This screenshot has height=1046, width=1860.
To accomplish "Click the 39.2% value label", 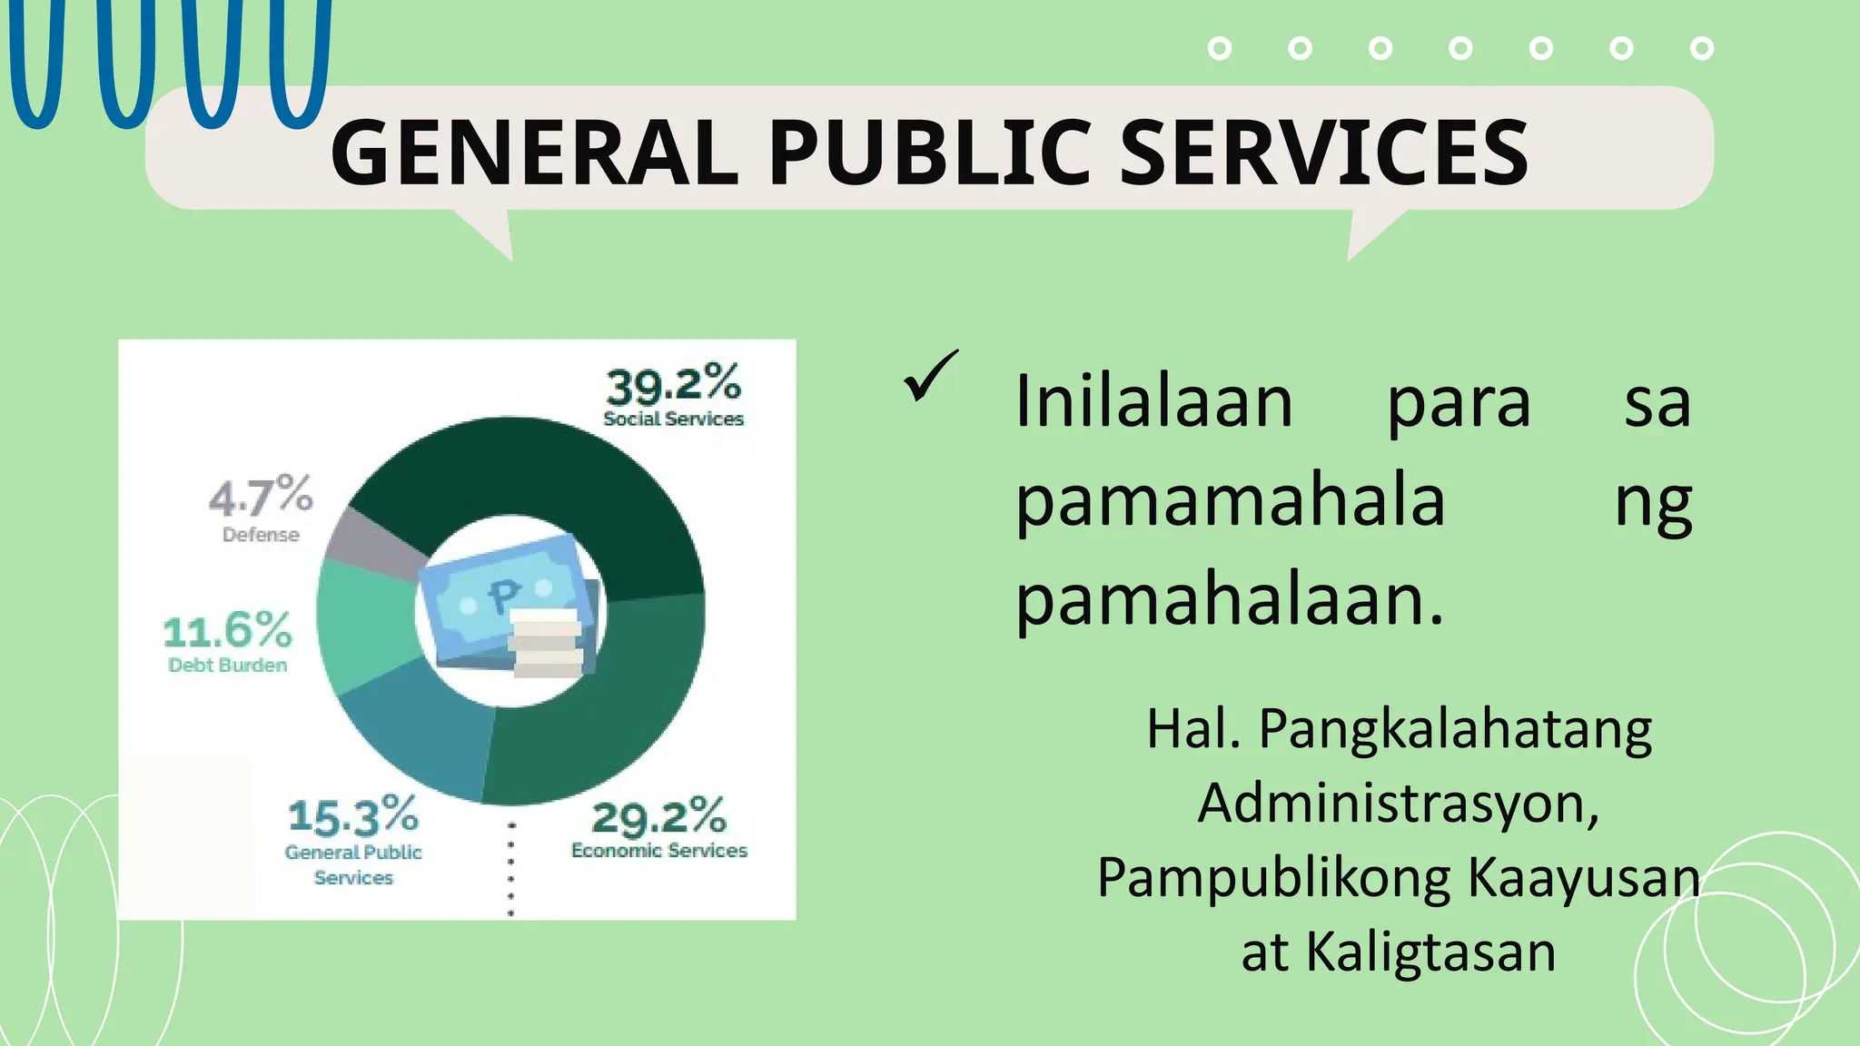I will point(673,385).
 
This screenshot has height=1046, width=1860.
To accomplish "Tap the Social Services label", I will point(673,419).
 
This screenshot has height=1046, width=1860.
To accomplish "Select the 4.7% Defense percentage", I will point(261,496).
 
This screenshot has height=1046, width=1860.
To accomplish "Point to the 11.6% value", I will point(227,630).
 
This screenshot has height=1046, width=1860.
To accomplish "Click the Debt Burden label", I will point(227,666).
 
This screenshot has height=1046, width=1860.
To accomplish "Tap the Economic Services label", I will point(658,851).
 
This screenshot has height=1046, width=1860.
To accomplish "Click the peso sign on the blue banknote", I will point(502,597).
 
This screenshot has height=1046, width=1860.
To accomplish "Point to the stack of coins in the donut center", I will point(545,644).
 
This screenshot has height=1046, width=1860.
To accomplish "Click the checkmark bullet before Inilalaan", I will point(930,376).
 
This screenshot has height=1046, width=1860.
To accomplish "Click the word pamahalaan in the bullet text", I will point(1228,600).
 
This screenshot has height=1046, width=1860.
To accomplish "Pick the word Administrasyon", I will point(1397,804).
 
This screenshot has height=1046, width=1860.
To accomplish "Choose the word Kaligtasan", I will point(1430,952).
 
